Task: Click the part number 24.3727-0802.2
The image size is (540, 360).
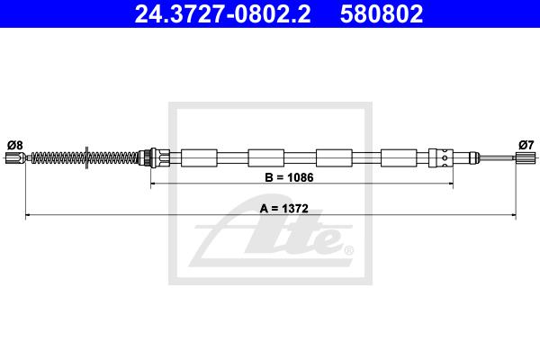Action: (x=222, y=14)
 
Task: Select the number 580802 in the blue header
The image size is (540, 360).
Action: (x=382, y=14)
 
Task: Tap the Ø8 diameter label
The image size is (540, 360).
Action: (x=14, y=145)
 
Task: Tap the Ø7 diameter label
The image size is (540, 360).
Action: (x=526, y=145)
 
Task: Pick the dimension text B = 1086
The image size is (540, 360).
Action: (x=289, y=177)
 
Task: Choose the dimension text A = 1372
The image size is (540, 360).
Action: (x=284, y=209)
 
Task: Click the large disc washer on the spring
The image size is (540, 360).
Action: (x=86, y=157)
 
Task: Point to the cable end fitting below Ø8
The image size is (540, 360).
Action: (x=16, y=158)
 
